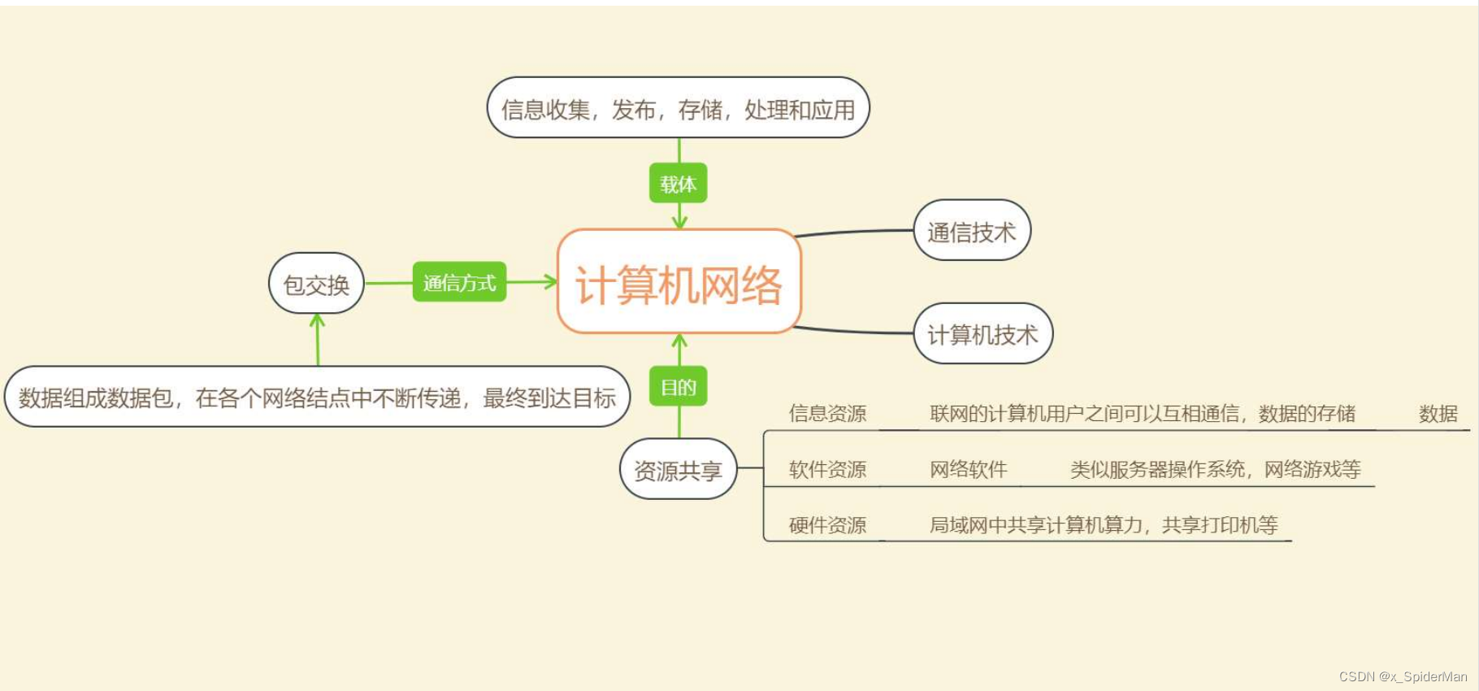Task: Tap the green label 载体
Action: (x=678, y=184)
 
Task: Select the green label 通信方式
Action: (x=459, y=282)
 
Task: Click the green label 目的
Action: (x=678, y=387)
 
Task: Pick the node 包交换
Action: (x=316, y=284)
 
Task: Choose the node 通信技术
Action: (x=971, y=232)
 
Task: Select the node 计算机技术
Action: (x=982, y=334)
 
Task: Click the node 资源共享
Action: (x=678, y=470)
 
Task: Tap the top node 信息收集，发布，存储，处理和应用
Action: (x=678, y=109)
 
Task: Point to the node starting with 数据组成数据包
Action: (x=317, y=398)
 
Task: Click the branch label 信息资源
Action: (x=827, y=414)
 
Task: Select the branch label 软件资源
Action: (x=827, y=469)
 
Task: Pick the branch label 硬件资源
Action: (x=827, y=525)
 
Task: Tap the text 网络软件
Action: (x=968, y=469)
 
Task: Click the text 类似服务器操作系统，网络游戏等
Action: (x=1215, y=469)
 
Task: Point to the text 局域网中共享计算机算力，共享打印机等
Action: (x=1104, y=525)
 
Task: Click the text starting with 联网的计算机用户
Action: (x=1142, y=414)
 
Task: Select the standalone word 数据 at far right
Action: (x=1438, y=414)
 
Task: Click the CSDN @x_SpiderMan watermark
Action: (x=1403, y=676)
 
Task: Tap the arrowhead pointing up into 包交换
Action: (x=317, y=320)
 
